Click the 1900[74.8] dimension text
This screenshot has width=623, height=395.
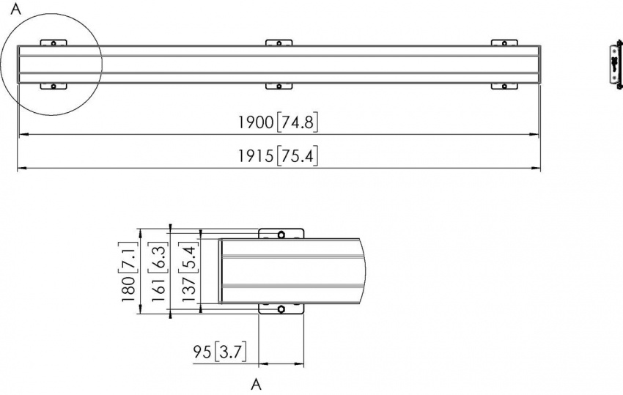(x=278, y=123)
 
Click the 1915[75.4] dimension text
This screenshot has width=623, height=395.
(x=278, y=157)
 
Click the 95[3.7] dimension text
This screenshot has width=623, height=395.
(x=219, y=352)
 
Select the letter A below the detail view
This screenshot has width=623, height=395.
(x=256, y=383)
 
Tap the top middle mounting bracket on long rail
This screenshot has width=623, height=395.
(x=279, y=44)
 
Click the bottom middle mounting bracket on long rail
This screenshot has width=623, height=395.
(x=279, y=85)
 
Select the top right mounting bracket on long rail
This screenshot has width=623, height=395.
(x=504, y=44)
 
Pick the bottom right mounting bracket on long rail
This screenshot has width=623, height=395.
(x=504, y=85)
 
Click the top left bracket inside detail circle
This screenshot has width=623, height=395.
(x=53, y=44)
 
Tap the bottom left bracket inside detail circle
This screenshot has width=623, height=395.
(x=53, y=85)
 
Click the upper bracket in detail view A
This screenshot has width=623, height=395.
(x=281, y=234)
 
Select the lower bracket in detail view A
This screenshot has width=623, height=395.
(x=281, y=310)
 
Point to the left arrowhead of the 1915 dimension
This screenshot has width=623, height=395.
(x=20, y=169)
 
